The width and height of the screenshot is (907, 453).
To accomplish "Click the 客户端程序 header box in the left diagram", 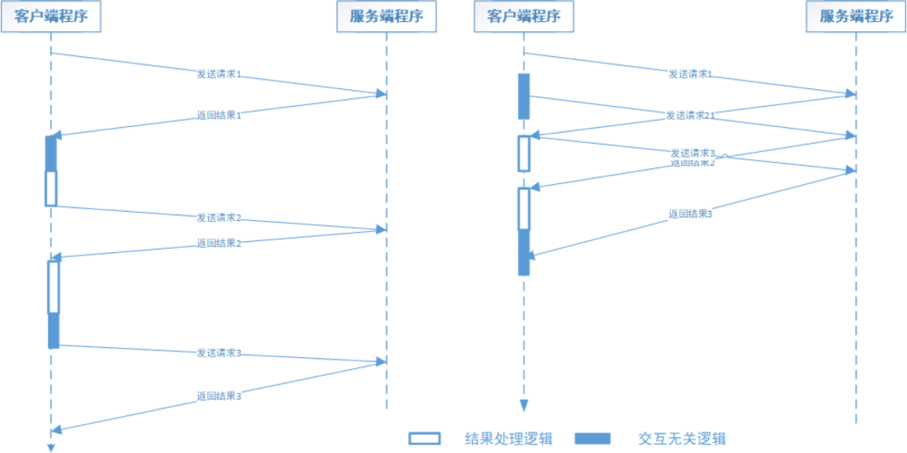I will click(x=51, y=17).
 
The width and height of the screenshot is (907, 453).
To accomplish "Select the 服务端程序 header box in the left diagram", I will click(x=386, y=17).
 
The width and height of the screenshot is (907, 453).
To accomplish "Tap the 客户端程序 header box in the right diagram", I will click(x=524, y=17).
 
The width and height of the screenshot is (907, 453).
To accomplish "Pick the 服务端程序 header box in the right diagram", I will click(x=856, y=17).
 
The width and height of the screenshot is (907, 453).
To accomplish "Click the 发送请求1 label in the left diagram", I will click(x=219, y=74).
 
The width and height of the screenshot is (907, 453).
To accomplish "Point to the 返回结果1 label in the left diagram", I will click(x=219, y=115).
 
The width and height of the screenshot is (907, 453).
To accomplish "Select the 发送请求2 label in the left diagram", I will click(x=219, y=218).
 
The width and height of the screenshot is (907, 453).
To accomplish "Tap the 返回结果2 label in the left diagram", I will click(x=219, y=243).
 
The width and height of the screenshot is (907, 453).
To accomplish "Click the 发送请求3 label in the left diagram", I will click(x=219, y=353).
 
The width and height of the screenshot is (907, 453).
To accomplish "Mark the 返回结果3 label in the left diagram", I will click(x=219, y=395).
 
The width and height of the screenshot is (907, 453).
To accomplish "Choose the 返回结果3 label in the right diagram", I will click(x=690, y=214).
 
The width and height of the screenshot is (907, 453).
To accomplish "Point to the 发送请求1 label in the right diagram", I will click(x=690, y=74).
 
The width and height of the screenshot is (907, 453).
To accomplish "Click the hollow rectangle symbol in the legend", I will click(x=425, y=438).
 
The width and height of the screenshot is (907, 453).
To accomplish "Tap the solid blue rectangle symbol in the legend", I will click(x=593, y=438).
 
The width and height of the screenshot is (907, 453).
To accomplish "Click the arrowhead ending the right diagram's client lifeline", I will click(x=524, y=406).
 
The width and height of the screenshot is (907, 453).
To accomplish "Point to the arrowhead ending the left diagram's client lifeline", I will click(x=50, y=447).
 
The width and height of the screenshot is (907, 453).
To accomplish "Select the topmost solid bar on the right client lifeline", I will click(x=524, y=96).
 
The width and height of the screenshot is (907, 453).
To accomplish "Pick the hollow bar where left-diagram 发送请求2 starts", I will click(x=51, y=188).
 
